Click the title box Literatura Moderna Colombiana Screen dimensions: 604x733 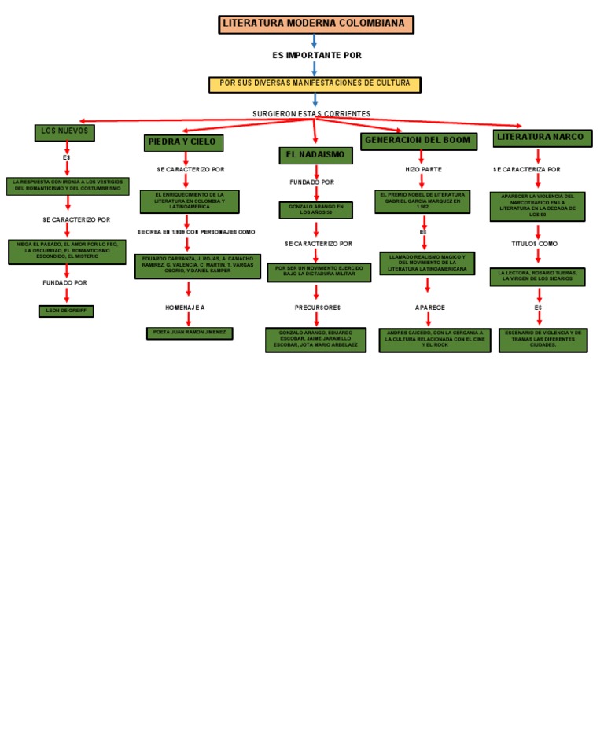click(315, 24)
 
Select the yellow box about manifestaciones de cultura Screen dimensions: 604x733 click(315, 84)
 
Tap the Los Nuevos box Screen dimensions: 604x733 click(64, 132)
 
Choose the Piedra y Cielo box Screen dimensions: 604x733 click(184, 142)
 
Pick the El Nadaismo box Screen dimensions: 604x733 click(315, 155)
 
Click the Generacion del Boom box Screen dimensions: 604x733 click(418, 141)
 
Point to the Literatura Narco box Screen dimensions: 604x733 click(540, 138)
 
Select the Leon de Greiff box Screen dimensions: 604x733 click(66, 311)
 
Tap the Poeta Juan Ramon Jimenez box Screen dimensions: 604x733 click(189, 333)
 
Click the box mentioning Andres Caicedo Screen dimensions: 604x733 click(434, 340)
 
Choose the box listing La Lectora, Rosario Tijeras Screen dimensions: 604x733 click(537, 276)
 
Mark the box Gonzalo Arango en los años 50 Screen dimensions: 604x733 click(315, 210)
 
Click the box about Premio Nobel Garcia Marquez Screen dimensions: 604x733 click(422, 201)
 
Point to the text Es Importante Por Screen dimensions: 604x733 click(316, 56)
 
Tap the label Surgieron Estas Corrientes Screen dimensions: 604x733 click(311, 114)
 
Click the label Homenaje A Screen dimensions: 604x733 click(185, 308)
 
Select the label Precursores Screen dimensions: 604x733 click(317, 308)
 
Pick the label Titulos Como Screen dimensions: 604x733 click(535, 244)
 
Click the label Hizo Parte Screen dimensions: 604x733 click(423, 169)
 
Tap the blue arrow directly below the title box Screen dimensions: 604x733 click(314, 42)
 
